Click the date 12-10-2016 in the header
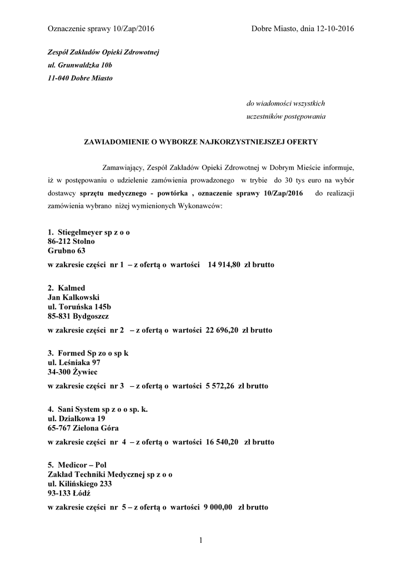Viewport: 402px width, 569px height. point(334,28)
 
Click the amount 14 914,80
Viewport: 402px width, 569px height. point(224,264)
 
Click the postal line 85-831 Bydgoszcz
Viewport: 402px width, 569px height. point(78,316)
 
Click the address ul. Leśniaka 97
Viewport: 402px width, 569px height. point(74,362)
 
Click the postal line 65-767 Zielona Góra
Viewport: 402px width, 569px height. point(83,428)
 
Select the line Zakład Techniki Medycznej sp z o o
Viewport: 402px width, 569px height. point(110,474)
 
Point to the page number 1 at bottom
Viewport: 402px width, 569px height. point(200,540)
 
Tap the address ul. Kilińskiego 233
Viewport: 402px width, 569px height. point(80,483)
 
